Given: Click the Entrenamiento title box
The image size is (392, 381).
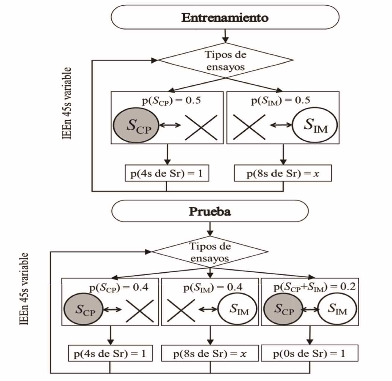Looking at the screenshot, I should pos(225,17).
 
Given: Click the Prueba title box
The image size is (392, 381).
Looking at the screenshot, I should pos(210,211).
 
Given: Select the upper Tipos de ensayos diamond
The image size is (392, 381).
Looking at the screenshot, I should pos(225,61).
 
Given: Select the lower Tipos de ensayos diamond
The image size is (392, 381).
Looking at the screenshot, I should pos(210,252).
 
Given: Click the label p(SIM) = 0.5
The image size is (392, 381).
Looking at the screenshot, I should pos(281,100).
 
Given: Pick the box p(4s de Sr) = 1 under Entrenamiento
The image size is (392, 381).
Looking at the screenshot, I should pos(167,173).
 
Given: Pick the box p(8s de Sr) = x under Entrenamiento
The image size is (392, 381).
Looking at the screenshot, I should pos(283,173).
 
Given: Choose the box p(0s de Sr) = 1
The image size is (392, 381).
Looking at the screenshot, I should pos(309,353).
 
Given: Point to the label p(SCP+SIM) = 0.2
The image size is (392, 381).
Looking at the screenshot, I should pos(314,287).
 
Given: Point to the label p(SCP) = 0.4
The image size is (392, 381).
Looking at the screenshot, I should pos(119,287).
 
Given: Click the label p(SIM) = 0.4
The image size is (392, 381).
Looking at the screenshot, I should pos(213,287).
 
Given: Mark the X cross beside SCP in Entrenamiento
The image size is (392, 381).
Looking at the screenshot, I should pos(201,127).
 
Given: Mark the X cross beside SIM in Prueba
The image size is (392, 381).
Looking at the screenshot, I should pos(181,310).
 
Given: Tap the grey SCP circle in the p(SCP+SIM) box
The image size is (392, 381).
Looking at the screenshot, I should pos(283,309).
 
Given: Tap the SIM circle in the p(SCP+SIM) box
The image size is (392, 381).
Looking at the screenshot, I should pos(337,309).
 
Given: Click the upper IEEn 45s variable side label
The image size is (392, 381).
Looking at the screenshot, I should pos(67,103).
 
